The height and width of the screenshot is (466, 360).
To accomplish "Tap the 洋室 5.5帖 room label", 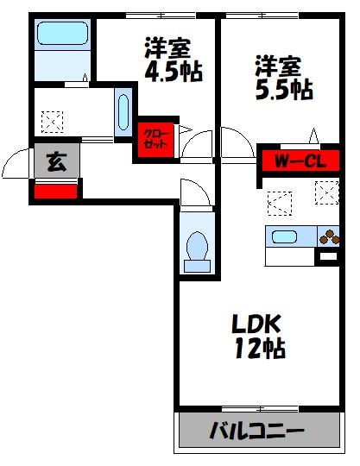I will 282,76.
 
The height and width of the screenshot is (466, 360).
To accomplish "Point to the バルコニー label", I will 258,430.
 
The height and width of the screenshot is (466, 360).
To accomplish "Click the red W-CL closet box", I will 294,161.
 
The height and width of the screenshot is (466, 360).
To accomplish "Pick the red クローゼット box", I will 156,140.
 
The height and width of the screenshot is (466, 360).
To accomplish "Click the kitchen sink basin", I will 284,236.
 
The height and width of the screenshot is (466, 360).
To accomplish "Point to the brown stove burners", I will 329,236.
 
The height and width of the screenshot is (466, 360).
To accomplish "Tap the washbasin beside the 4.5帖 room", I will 123,111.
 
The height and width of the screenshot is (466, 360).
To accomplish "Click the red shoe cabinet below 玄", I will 56,191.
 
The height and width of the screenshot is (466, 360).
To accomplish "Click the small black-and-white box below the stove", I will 328,256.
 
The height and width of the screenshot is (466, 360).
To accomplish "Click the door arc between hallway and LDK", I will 233,142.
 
